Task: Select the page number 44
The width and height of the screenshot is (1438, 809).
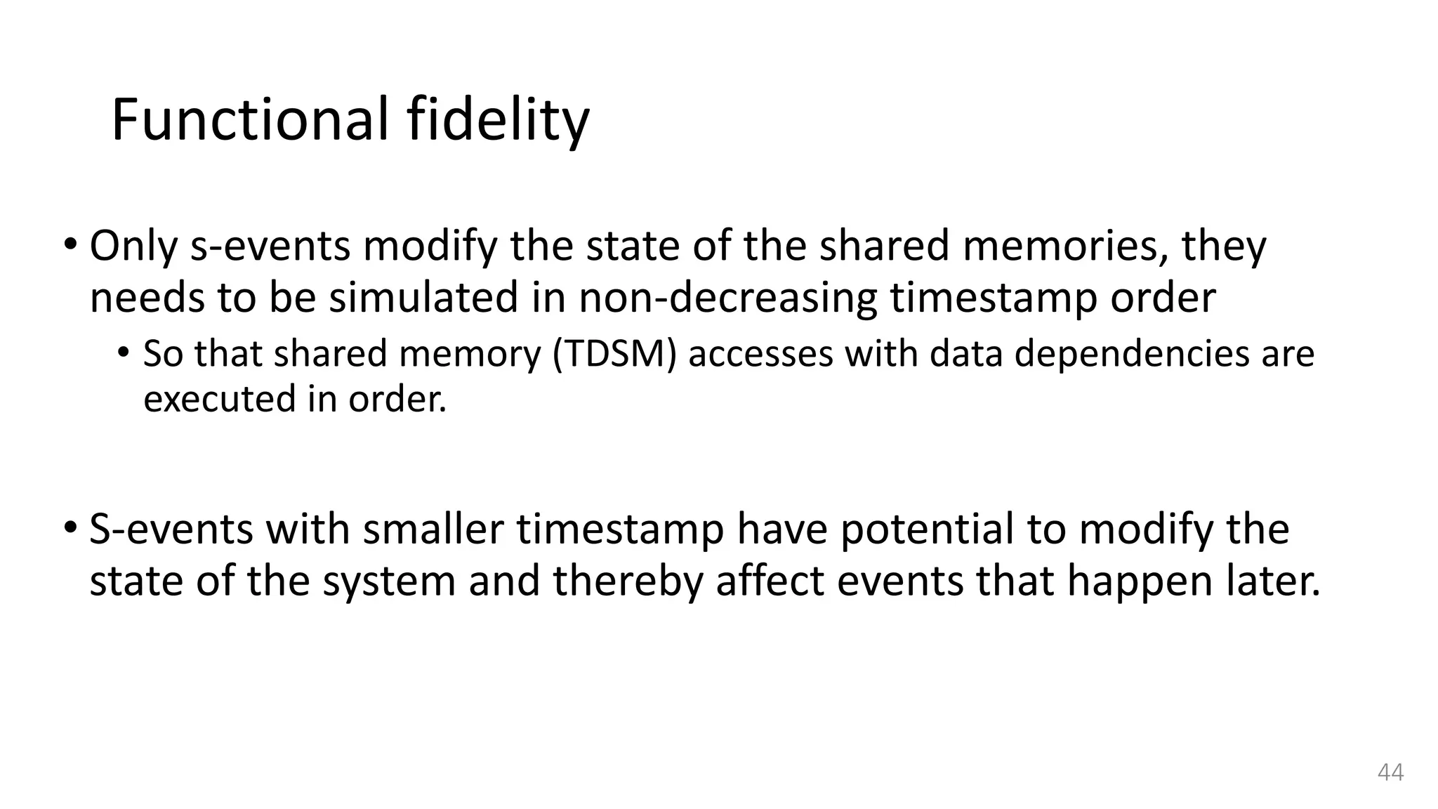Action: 1390,772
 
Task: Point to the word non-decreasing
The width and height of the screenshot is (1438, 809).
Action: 728,298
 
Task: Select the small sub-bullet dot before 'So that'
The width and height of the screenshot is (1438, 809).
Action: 124,353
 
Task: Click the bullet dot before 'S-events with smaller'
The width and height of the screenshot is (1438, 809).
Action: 70,527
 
